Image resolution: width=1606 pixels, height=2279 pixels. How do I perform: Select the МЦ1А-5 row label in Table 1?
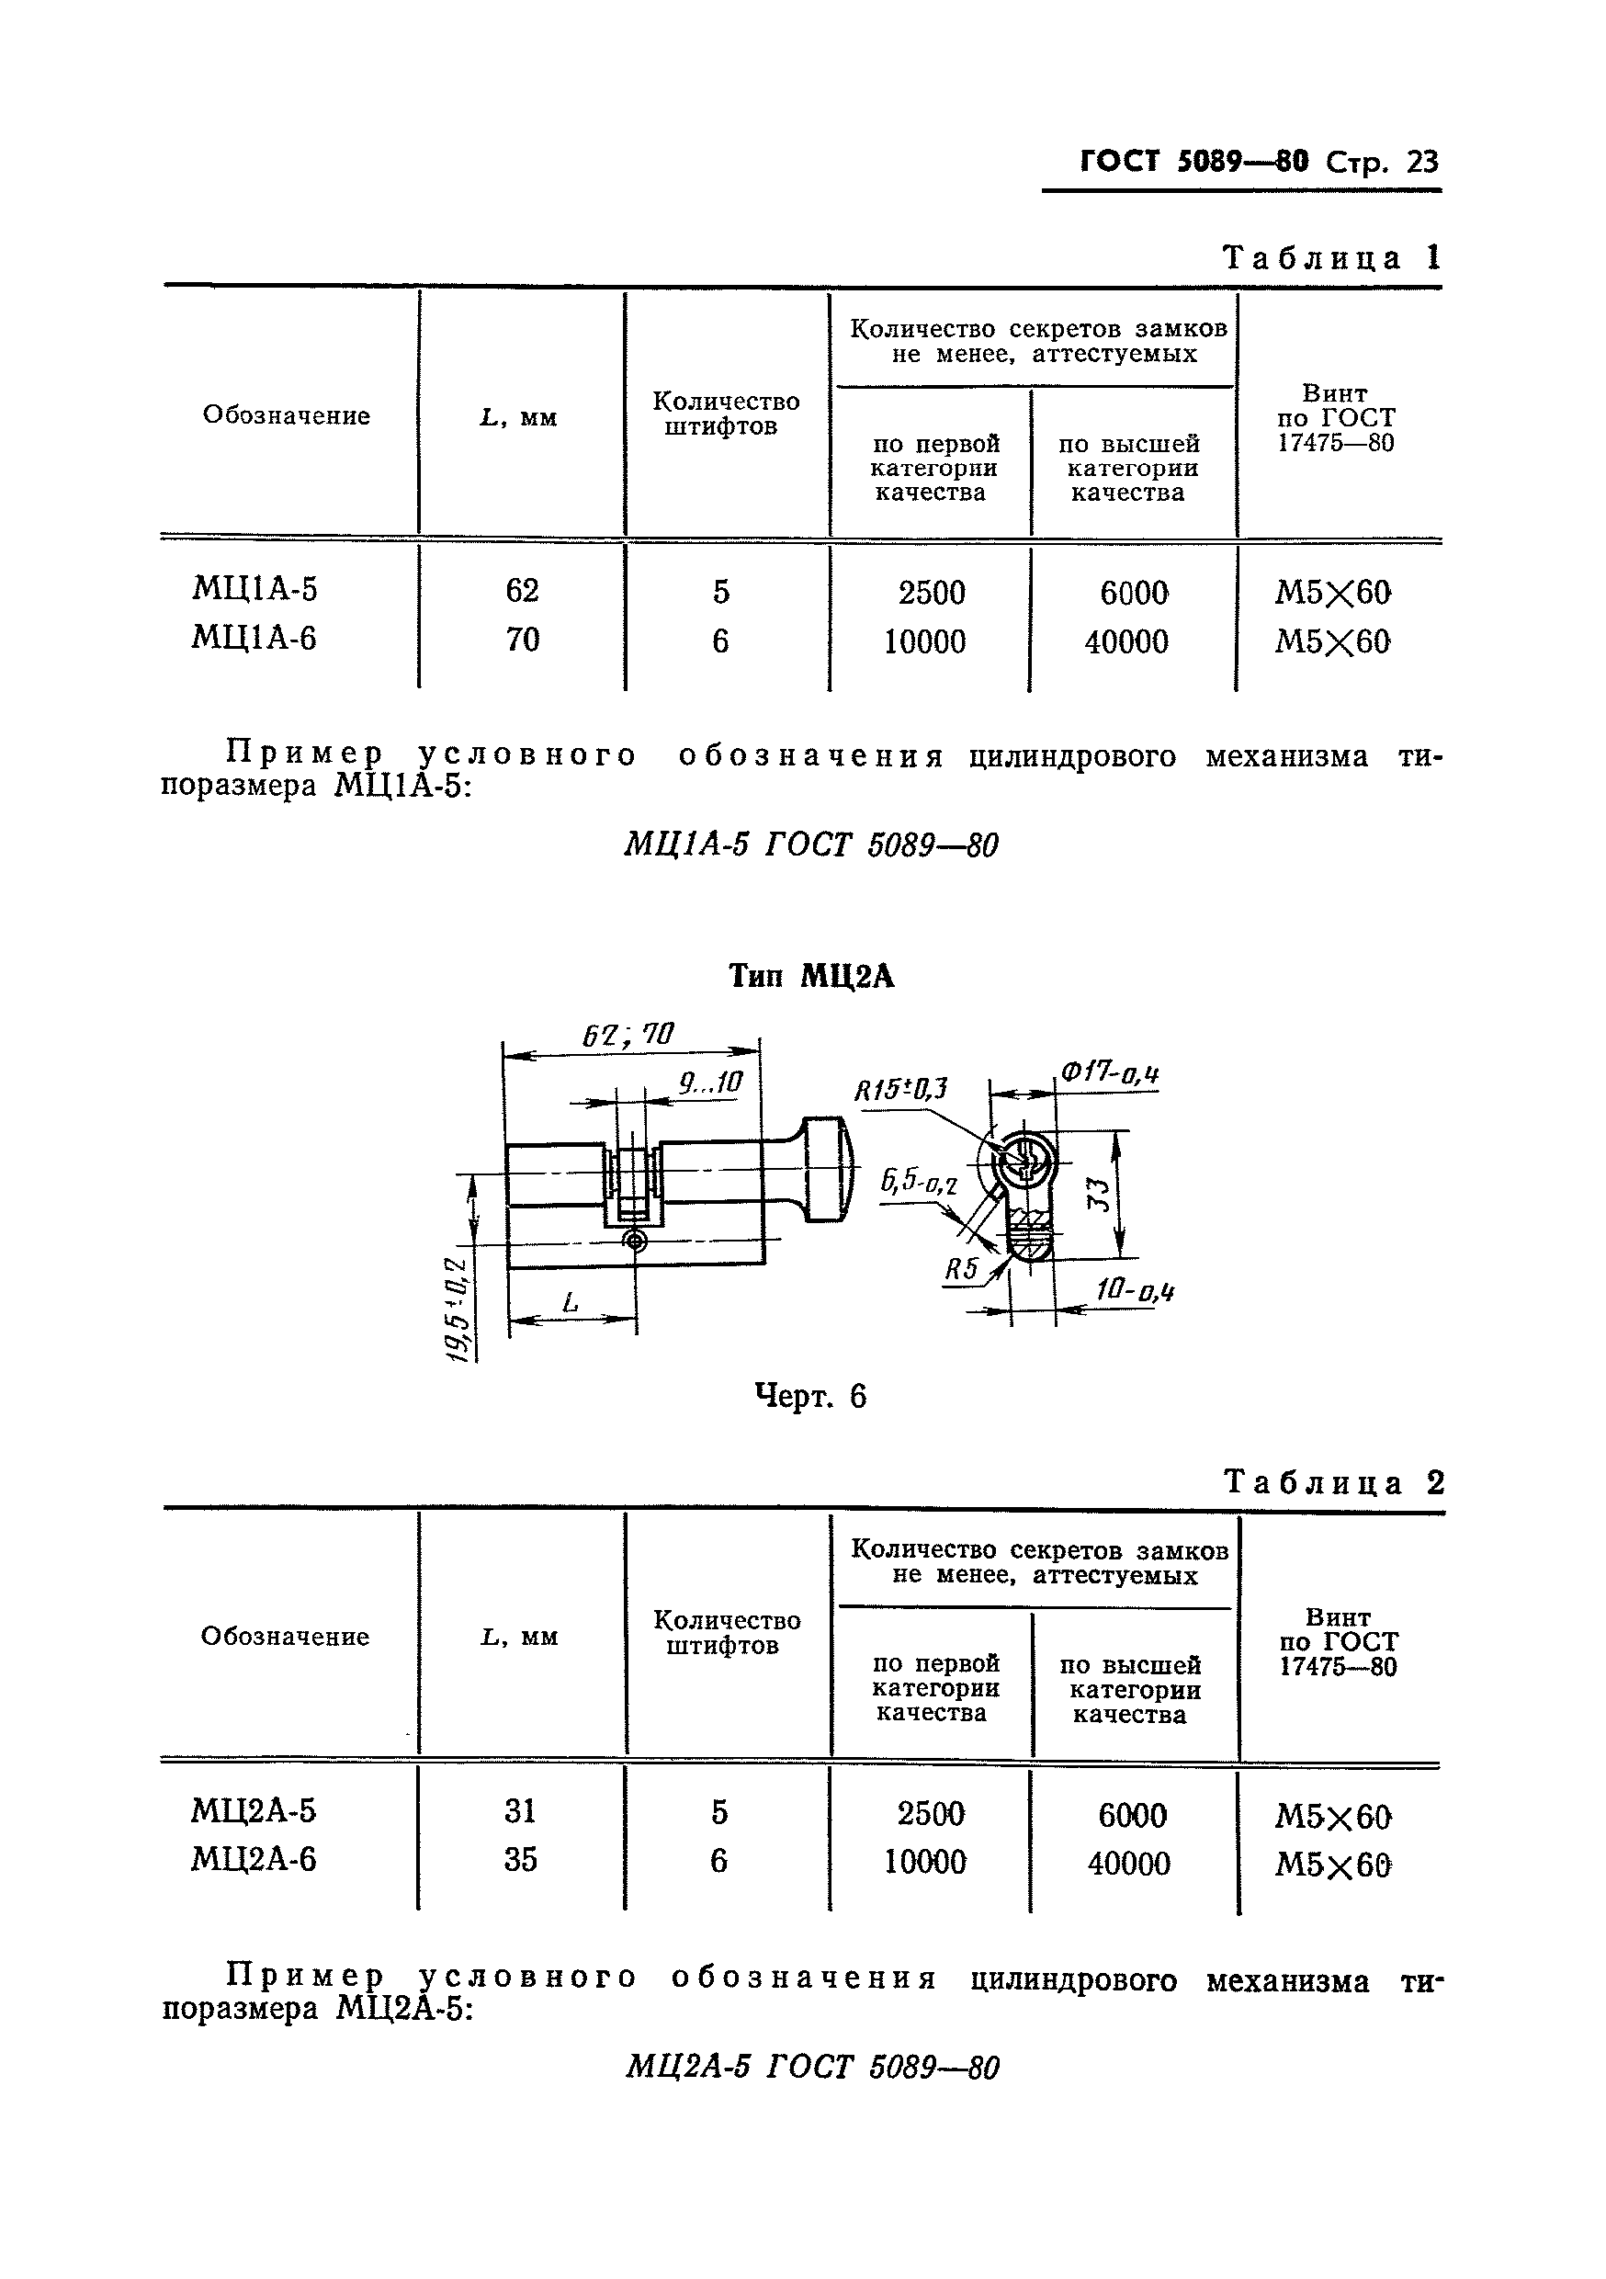click(x=254, y=590)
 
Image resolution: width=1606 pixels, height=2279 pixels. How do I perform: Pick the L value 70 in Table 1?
click(x=522, y=640)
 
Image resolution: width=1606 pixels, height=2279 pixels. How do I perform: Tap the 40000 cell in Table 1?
click(x=1126, y=642)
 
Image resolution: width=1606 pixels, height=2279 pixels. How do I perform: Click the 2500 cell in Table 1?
click(x=931, y=593)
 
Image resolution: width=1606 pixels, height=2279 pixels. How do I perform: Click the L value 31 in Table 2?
click(x=520, y=1811)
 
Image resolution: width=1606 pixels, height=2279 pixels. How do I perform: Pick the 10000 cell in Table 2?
click(x=925, y=1862)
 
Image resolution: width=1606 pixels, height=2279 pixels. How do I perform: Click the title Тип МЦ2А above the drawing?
click(x=811, y=977)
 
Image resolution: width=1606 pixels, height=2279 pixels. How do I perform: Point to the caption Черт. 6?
click(x=810, y=1397)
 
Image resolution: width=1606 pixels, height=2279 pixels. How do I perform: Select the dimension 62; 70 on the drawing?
click(x=628, y=1036)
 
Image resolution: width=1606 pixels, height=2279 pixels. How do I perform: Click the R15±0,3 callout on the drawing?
click(x=900, y=1090)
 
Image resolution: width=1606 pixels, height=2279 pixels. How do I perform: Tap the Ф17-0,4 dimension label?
click(x=1110, y=1073)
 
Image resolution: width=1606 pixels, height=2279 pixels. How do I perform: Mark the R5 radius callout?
click(x=961, y=1268)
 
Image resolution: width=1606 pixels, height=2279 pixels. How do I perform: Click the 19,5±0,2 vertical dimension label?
click(x=458, y=1310)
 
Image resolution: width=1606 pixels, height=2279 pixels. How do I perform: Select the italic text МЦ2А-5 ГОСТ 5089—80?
click(x=811, y=2067)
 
